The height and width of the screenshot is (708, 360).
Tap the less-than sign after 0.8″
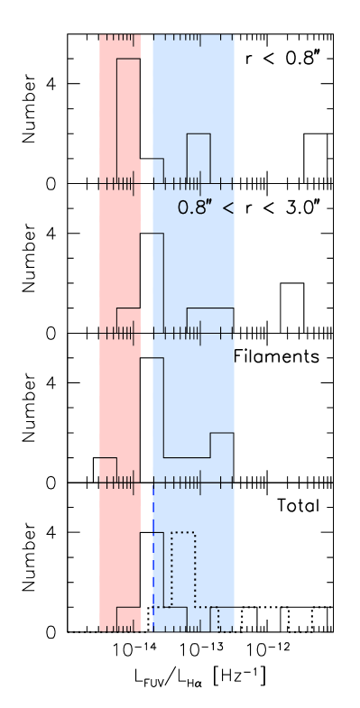(228, 208)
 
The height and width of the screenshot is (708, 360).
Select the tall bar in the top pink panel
(129, 121)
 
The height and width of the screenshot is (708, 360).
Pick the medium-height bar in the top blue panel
(198, 159)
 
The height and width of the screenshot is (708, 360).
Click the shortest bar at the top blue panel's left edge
(158, 170)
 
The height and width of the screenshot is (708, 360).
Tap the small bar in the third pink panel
(107, 469)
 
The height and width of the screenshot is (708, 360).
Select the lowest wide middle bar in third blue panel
(187, 469)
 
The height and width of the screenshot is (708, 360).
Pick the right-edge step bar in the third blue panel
(222, 457)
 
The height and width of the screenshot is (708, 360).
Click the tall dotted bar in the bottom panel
(183, 568)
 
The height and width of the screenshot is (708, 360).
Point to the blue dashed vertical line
(153, 559)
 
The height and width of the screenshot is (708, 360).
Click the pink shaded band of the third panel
(119, 397)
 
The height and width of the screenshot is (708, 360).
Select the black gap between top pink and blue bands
(146, 108)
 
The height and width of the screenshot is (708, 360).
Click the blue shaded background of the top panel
(194, 81)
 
